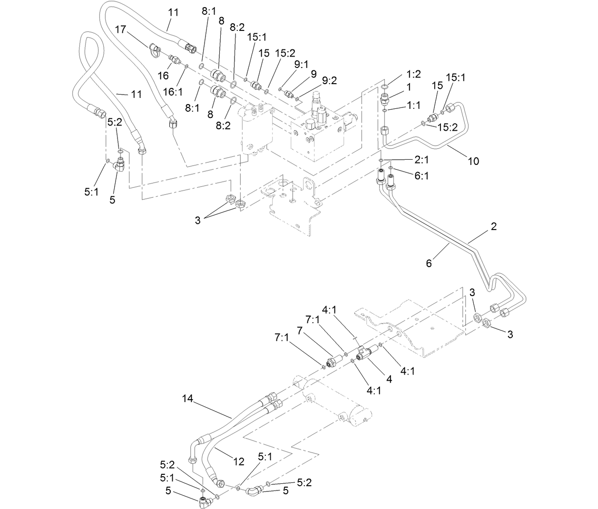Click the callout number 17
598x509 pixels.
click(120, 29)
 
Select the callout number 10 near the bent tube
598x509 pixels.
click(473, 161)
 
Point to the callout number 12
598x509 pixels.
click(238, 461)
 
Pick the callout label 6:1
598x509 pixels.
click(422, 176)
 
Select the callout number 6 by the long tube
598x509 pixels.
click(429, 262)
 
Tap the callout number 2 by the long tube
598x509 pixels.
click(493, 226)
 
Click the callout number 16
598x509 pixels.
click(163, 76)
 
